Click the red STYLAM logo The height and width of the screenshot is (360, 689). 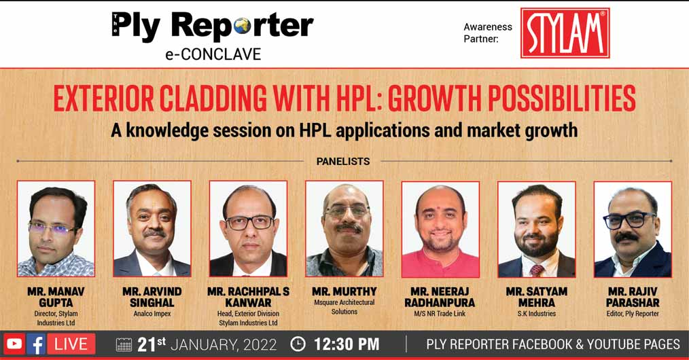(x=565, y=33)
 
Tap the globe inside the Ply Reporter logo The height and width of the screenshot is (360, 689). (x=242, y=27)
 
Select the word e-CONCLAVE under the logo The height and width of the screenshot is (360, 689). (x=213, y=54)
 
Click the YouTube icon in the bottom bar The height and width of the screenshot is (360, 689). (x=14, y=344)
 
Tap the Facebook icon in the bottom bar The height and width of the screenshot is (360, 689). (x=37, y=344)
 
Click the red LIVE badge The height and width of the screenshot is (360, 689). (x=71, y=344)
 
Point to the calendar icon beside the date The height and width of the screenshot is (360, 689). (x=124, y=344)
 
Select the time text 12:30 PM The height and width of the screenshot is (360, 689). (x=347, y=344)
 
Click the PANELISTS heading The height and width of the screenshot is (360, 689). (x=343, y=162)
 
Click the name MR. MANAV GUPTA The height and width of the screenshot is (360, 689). (x=56, y=298)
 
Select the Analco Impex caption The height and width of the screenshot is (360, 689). (x=152, y=314)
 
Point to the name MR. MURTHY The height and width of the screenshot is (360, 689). (x=344, y=291)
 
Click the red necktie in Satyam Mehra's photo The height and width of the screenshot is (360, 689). (x=537, y=270)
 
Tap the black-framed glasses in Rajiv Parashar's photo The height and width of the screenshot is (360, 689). (x=629, y=220)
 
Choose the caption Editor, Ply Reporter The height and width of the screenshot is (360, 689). (x=633, y=313)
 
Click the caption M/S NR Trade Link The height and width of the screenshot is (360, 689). (x=440, y=314)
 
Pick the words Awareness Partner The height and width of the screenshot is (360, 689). (x=488, y=33)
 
